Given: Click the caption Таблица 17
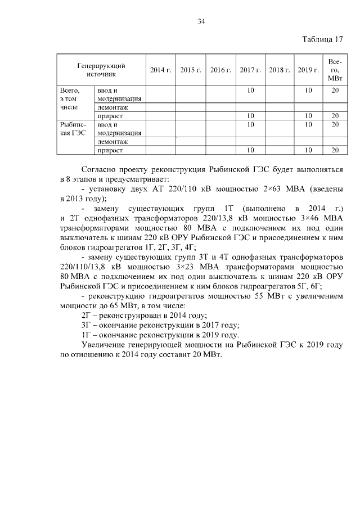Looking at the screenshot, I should (x=322, y=39).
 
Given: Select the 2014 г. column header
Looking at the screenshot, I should (x=160, y=70).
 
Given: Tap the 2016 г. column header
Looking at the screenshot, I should (x=220, y=70).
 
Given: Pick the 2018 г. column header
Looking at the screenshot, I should (x=280, y=70).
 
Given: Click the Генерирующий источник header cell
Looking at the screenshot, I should (x=101, y=70).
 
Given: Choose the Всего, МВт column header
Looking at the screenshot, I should (x=335, y=70).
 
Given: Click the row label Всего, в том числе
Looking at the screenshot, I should (x=70, y=98).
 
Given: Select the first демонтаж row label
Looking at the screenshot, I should (x=112, y=107).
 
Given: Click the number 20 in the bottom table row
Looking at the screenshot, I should (x=335, y=150).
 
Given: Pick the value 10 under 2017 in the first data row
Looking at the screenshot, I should (x=250, y=90).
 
